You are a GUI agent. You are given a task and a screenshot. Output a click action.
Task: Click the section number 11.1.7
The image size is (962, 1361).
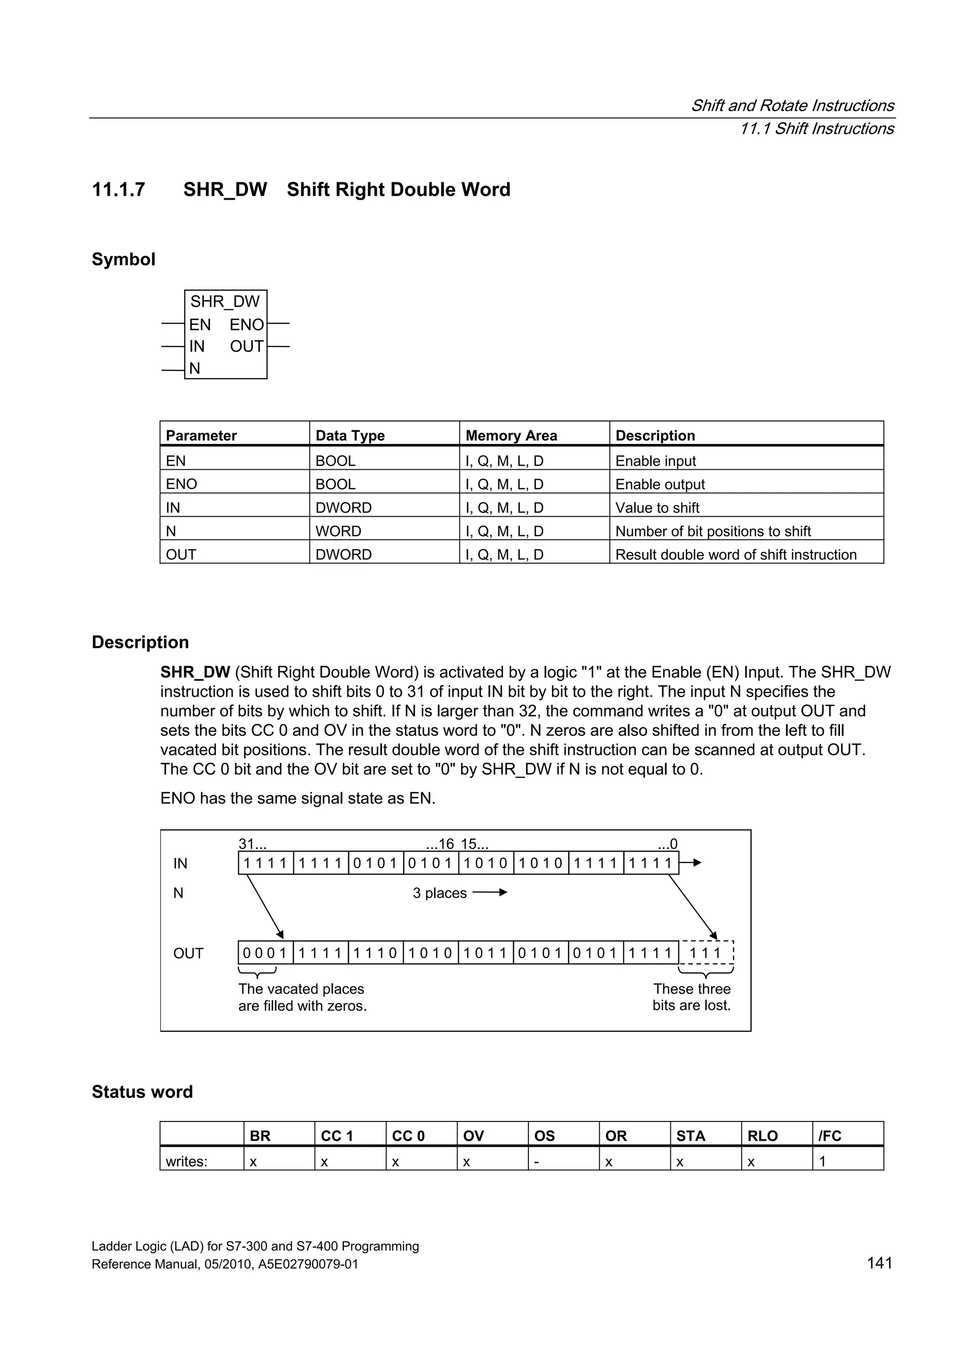pos(118,190)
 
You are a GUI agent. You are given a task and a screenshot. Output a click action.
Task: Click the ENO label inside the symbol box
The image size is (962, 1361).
pos(247,325)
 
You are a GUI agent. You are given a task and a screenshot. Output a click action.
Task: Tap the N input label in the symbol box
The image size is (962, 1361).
pos(194,369)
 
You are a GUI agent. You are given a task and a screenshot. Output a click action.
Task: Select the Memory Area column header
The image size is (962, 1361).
pos(511,436)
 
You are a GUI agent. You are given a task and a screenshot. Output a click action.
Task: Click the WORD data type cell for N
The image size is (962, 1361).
pos(338,531)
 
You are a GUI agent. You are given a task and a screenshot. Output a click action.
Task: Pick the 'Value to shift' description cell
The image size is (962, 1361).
pos(657,508)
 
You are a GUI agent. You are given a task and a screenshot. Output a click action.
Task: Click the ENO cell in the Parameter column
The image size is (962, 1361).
pos(181,484)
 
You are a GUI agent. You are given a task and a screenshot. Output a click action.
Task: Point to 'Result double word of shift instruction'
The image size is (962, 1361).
pos(736,555)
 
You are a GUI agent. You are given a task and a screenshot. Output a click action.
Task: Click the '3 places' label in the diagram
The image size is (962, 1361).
pos(440,893)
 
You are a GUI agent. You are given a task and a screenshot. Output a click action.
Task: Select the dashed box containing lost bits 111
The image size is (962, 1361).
pos(706,953)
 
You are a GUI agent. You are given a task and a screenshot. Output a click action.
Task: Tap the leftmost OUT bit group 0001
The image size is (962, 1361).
pos(265,953)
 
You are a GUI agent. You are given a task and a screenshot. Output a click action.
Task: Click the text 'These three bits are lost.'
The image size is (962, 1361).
pos(692,997)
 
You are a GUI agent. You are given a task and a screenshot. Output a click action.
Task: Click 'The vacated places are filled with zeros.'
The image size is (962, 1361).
pos(303,997)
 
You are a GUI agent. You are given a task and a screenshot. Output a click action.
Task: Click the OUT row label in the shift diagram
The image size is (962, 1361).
pos(188,954)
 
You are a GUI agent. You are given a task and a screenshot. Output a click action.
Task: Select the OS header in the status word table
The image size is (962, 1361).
pos(544,1136)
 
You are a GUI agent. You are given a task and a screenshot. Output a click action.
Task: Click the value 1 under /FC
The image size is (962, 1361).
pos(822,1161)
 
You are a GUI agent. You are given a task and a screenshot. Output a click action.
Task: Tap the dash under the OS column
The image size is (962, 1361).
pos(536,1161)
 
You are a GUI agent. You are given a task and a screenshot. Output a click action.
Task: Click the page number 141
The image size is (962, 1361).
pos(879,1263)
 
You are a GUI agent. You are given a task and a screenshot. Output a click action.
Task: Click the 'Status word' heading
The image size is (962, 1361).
pos(142,1092)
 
